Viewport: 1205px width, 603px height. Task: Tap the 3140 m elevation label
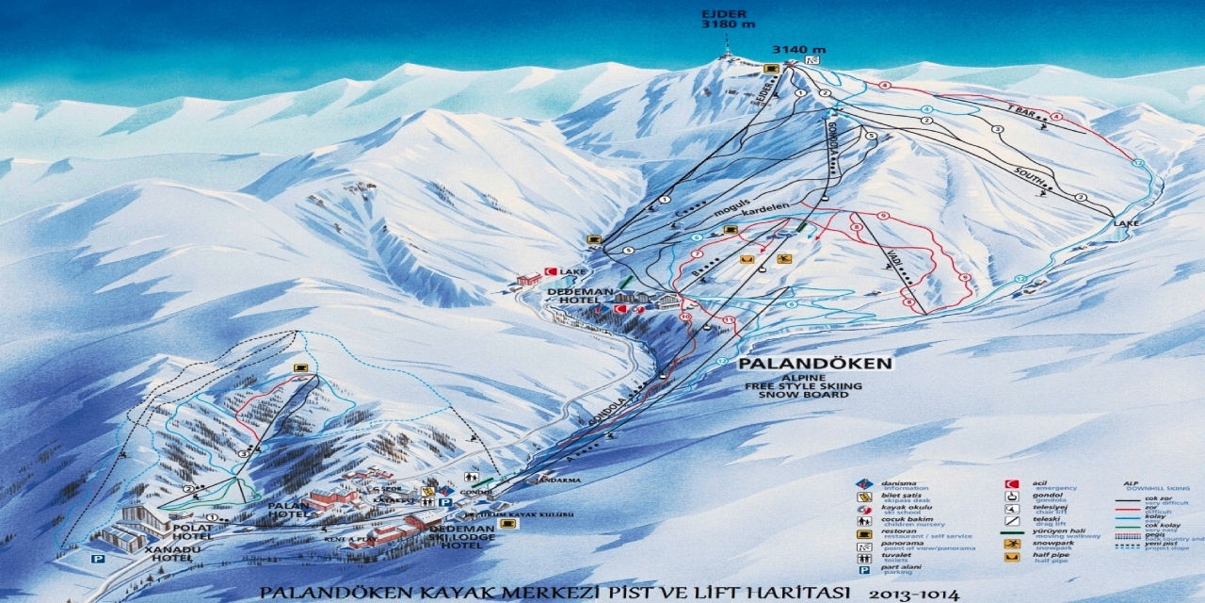[799, 49]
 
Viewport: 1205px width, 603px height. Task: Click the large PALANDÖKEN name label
[815, 363]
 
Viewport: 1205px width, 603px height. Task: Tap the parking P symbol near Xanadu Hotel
[97, 558]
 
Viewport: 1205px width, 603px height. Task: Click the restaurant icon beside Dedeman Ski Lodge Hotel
[507, 523]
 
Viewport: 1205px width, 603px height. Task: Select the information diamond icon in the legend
[862, 484]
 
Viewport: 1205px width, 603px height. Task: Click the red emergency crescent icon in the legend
[1012, 484]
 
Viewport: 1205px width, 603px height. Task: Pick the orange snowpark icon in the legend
[1012, 545]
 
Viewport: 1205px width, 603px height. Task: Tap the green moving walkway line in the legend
[1012, 532]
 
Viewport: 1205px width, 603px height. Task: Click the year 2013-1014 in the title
[913, 594]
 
